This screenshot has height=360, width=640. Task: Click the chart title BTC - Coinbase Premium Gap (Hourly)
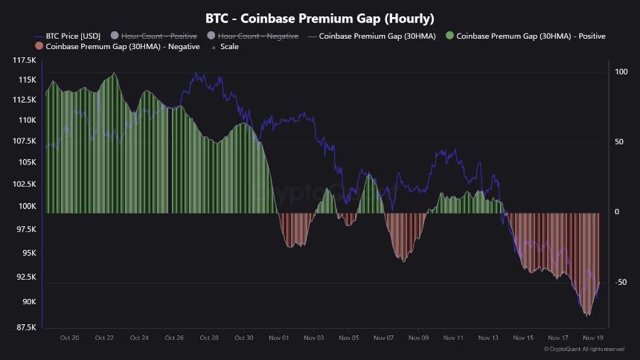coord(320,18)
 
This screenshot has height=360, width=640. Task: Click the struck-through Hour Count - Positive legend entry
coord(156,36)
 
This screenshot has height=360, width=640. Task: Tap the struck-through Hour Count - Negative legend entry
coord(252,36)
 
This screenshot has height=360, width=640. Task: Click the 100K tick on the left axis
coord(28,206)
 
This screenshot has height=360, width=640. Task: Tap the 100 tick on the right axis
coord(621,72)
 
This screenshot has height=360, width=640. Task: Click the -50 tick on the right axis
coord(621,283)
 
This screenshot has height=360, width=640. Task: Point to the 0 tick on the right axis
coord(617,213)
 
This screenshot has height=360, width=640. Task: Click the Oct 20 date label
coord(69,338)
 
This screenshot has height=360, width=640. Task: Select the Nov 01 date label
coord(279,338)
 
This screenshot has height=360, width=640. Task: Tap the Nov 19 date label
coord(593,338)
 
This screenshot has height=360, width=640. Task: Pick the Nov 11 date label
coord(454,338)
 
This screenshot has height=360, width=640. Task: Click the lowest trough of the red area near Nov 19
coord(587,316)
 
